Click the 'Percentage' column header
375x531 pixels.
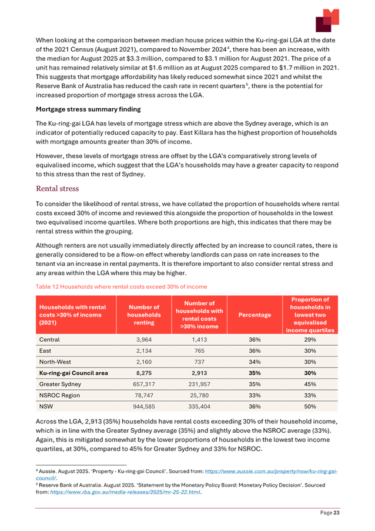click(x=255, y=315)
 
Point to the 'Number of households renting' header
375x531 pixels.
click(x=144, y=315)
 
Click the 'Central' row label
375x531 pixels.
click(x=49, y=340)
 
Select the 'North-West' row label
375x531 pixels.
click(x=55, y=362)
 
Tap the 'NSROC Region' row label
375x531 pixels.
click(x=59, y=395)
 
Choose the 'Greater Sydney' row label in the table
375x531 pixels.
click(x=61, y=384)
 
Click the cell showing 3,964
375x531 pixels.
click(x=144, y=340)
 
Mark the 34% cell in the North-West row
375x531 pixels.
click(x=255, y=362)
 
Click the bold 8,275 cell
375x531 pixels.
click(x=144, y=373)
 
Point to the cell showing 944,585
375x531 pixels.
click(x=144, y=406)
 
